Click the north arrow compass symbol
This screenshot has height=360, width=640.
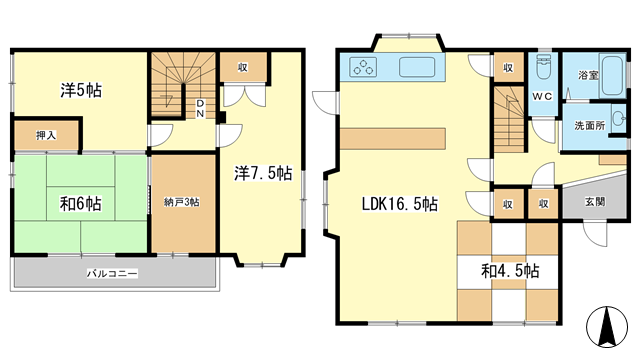(607, 327)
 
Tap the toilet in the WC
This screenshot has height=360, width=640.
(543, 67)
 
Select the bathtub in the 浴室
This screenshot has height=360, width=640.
(613, 76)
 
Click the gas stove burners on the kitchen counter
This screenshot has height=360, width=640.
(363, 67)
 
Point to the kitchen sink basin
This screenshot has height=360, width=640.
(417, 67)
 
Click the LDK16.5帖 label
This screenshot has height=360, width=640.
(400, 204)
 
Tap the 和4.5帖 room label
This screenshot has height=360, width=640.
(510, 271)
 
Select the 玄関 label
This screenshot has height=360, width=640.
(595, 202)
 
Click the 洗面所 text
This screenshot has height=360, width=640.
(589, 126)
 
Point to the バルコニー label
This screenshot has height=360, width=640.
(112, 273)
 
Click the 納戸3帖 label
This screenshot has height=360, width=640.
(182, 202)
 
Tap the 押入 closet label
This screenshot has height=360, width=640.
(46, 136)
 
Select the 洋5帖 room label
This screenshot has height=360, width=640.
(81, 90)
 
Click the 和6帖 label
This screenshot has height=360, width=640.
(80, 204)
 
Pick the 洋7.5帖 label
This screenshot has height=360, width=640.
(263, 173)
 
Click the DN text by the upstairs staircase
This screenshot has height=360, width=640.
(200, 108)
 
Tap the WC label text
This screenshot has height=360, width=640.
(542, 96)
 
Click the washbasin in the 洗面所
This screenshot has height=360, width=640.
(619, 119)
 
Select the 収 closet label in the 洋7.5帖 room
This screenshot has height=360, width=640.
(243, 67)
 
